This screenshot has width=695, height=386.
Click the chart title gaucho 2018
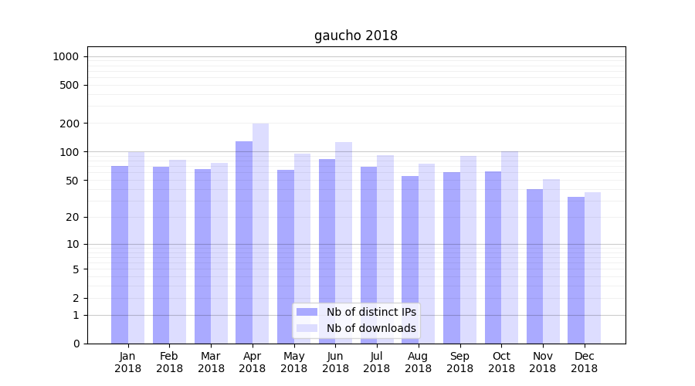(x=356, y=36)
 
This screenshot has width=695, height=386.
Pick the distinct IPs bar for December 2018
(x=576, y=270)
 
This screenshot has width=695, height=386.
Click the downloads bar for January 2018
(x=137, y=247)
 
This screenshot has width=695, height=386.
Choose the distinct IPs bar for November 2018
(x=534, y=266)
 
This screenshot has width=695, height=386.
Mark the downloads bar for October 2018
(x=510, y=247)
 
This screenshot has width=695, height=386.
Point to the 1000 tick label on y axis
(x=66, y=56)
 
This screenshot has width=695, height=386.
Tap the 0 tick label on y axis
(x=76, y=344)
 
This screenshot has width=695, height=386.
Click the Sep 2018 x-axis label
(x=459, y=362)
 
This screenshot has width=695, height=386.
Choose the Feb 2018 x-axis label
(x=169, y=362)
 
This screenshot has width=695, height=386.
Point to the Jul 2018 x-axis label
(x=377, y=362)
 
